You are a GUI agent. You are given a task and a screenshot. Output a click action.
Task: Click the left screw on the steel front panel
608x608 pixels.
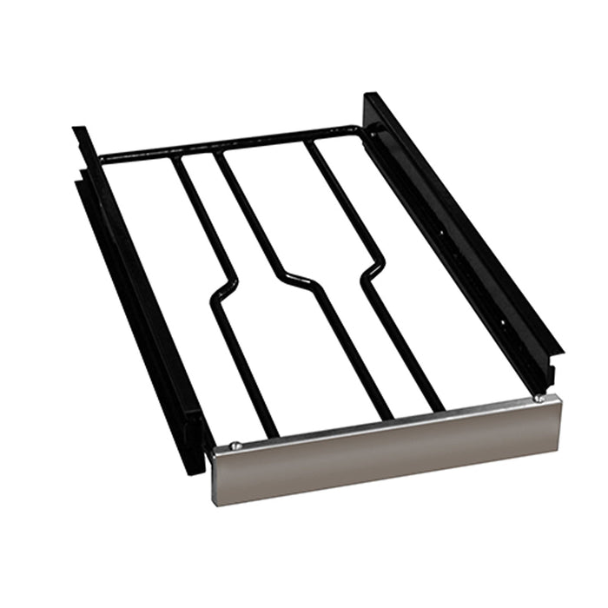click(235, 446)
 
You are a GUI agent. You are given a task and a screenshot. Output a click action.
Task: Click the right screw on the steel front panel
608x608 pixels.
click(539, 398)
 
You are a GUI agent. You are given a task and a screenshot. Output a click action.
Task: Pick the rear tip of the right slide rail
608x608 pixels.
click(369, 97)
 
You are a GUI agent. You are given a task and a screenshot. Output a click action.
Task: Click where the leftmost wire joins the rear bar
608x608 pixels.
click(174, 157)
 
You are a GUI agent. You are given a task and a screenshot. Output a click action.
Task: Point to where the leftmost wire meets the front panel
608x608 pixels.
click(274, 434)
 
